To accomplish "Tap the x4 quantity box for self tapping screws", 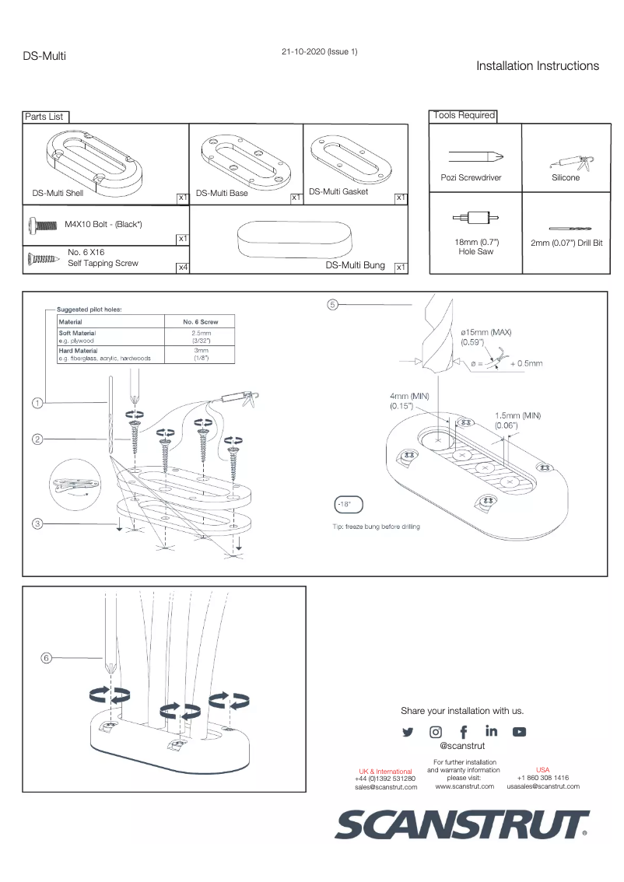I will pyautogui.click(x=182, y=268).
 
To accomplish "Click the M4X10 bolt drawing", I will pyautogui.click(x=44, y=226).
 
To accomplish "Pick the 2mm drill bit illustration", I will pyautogui.click(x=568, y=229).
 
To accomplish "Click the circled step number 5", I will pyautogui.click(x=332, y=305).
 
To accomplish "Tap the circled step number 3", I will pyautogui.click(x=37, y=523).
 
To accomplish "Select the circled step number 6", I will pyautogui.click(x=46, y=657).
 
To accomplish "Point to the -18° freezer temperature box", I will pyautogui.click(x=343, y=505).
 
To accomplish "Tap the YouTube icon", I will pyautogui.click(x=519, y=731).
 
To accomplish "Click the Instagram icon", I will pyautogui.click(x=436, y=731).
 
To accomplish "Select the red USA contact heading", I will pyautogui.click(x=542, y=769).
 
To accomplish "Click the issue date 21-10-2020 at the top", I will pyautogui.click(x=319, y=51).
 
